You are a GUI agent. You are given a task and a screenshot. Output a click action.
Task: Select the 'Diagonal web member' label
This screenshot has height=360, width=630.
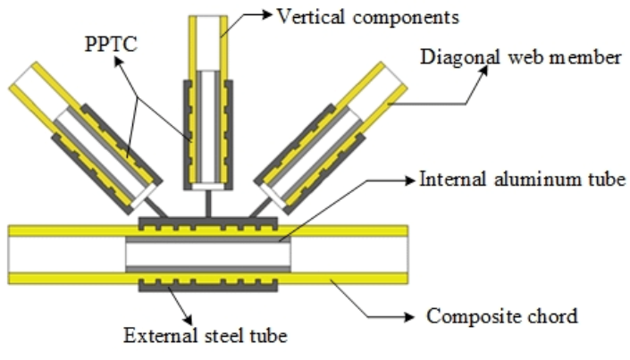point(520,58)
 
